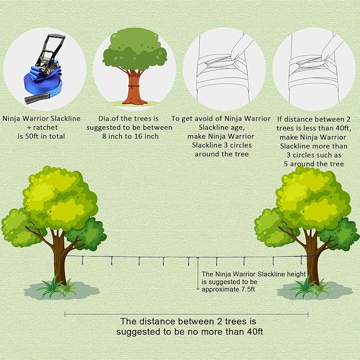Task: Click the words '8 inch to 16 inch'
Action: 130,136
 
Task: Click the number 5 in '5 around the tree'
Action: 286,164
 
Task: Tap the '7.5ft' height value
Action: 248,289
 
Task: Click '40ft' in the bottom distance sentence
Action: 254,332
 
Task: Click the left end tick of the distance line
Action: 65,314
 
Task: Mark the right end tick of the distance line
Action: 308,314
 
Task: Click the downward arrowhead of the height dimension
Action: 198,289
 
